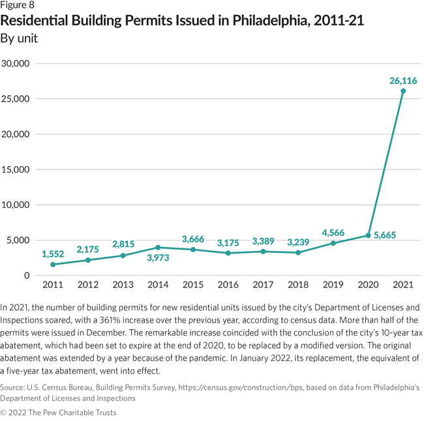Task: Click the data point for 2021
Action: pos(403,91)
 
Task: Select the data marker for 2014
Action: pos(157,248)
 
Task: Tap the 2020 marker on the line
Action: pos(368,235)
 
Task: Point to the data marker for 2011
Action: pos(52,265)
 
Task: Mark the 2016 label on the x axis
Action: pos(228,285)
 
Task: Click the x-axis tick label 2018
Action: pos(298,285)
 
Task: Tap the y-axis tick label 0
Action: pos(27,276)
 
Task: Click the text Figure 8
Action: pos(18,6)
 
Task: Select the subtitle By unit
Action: pos(20,38)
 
